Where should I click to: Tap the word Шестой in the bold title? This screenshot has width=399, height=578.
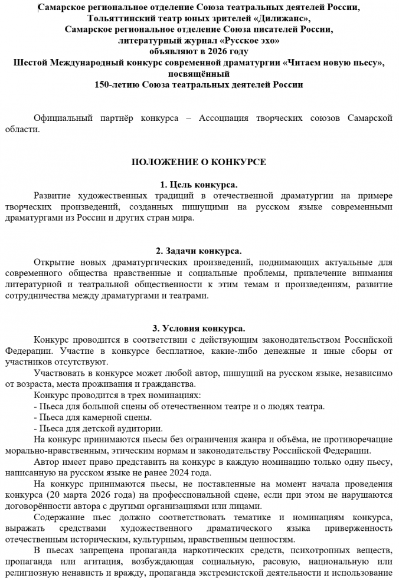click(x=30, y=63)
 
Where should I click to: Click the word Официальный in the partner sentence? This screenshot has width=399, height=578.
click(x=64, y=118)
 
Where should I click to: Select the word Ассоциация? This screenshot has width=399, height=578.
click(x=224, y=118)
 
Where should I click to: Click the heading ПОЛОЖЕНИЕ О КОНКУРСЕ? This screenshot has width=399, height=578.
click(x=198, y=162)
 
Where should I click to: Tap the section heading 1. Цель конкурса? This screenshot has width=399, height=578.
click(x=198, y=184)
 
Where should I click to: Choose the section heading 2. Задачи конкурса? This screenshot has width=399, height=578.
click(x=198, y=251)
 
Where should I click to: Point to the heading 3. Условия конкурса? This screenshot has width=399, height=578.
click(x=198, y=329)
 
